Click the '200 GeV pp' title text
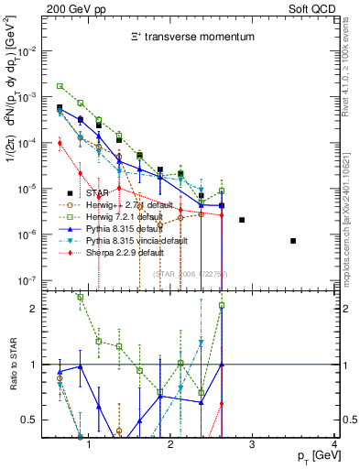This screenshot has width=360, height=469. pyautogui.click(x=71, y=8)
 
